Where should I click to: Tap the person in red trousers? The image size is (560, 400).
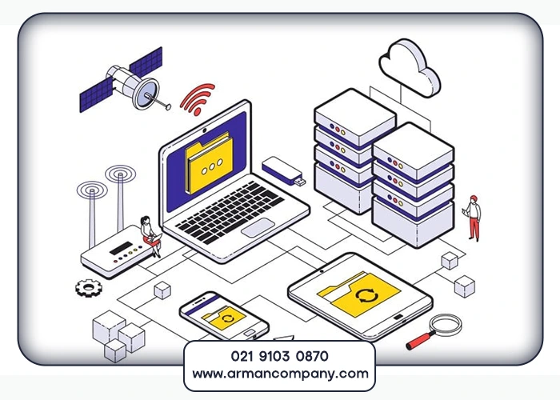pos(474,217)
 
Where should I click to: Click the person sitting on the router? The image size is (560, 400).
pos(149,234)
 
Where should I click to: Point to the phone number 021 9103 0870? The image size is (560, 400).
pos(279,354)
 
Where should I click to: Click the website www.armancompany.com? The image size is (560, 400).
pos(279,374)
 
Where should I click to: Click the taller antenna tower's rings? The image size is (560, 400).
pos(121,177)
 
